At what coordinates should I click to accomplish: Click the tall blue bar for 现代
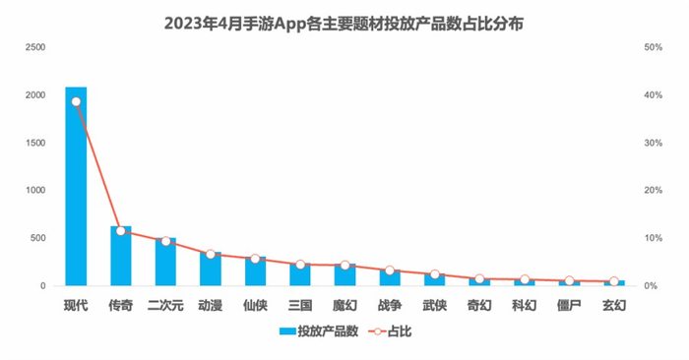tap(76, 187)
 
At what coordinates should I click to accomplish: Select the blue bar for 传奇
tap(121, 258)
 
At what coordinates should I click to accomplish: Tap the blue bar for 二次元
tap(165, 264)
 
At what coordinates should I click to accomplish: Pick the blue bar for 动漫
tap(211, 270)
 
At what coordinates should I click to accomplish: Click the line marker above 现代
tap(76, 101)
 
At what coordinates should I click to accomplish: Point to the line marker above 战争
tap(390, 270)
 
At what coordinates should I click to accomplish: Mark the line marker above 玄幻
tap(614, 282)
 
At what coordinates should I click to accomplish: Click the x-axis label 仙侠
tap(255, 305)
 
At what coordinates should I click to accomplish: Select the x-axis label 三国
tap(300, 305)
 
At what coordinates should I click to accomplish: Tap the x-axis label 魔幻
tap(344, 305)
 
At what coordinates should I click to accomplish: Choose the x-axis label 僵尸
tap(569, 305)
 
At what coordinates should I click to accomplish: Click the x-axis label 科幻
tap(525, 305)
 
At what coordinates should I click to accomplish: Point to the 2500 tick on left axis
tap(34, 47)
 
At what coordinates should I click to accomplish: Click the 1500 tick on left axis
tap(34, 143)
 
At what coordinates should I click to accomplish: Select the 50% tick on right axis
tap(653, 47)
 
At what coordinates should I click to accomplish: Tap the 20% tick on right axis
tap(653, 191)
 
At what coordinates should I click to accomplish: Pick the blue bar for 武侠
tap(435, 279)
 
